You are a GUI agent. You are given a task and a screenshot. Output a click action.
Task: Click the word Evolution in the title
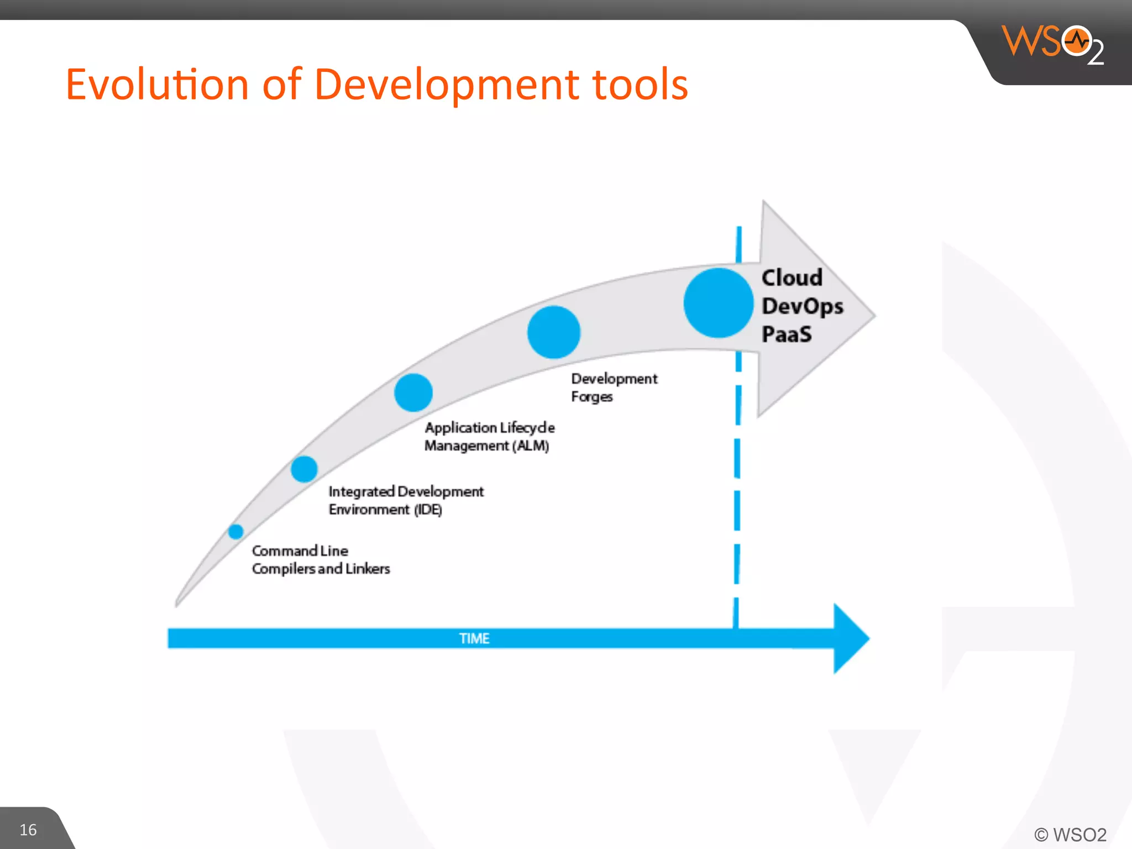[x=157, y=85]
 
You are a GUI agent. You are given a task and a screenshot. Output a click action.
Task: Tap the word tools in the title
[x=640, y=85]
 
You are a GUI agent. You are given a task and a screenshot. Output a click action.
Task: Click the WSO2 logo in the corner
[x=1053, y=44]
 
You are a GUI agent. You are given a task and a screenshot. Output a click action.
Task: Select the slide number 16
[x=28, y=830]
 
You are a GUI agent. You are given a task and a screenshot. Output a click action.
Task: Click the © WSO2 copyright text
[x=1070, y=835]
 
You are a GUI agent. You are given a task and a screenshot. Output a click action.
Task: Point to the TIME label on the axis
[x=474, y=638]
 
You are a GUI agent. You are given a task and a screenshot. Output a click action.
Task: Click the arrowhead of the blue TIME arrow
[x=850, y=638]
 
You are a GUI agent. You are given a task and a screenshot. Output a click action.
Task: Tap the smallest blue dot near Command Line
[x=235, y=532]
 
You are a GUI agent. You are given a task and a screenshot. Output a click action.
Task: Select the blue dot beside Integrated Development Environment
[x=304, y=469]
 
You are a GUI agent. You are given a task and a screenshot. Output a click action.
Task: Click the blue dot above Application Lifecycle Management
[x=413, y=392]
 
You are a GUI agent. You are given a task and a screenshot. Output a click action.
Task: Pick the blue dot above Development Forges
[x=553, y=332]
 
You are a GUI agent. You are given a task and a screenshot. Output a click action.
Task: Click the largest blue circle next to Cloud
[x=718, y=303]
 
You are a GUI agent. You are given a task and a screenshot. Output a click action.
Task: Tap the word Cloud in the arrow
[x=792, y=277]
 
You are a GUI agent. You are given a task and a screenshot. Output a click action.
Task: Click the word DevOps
[x=802, y=306]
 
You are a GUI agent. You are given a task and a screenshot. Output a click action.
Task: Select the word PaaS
[x=787, y=334]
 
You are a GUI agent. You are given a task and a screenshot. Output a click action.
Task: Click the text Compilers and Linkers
[x=321, y=569]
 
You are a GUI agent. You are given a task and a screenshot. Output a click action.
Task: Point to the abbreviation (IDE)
[x=428, y=510]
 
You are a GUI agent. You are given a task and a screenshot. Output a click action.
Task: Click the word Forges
[x=591, y=397]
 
